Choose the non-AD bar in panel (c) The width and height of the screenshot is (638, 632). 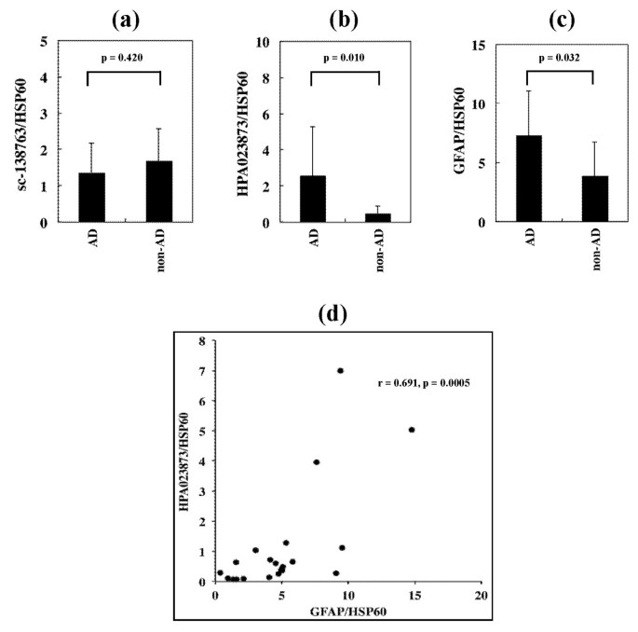pos(594,199)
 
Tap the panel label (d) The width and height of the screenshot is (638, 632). pos(333,314)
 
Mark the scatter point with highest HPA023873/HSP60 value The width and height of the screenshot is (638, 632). pos(341,370)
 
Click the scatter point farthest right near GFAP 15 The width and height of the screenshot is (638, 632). pos(412,430)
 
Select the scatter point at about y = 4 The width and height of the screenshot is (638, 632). pos(317,461)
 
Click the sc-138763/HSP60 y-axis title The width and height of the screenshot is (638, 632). pos(20,131)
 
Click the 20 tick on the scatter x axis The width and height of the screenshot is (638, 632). pos(481,595)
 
